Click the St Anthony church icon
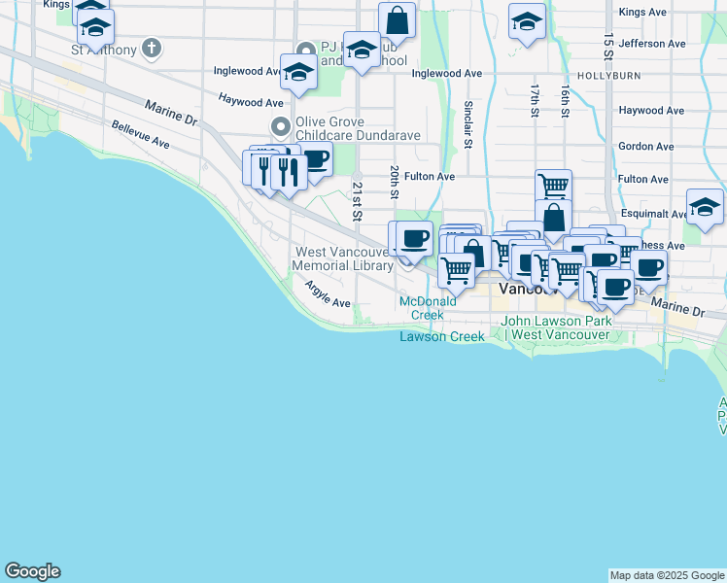click(151, 47)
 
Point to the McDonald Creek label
click(428, 308)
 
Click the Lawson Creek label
click(442, 336)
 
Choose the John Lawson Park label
click(557, 327)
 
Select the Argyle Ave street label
click(327, 295)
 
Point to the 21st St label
click(357, 193)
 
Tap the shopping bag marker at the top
click(397, 19)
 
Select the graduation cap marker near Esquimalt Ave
click(705, 206)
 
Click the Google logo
click(32, 571)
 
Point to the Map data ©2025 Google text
click(667, 575)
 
